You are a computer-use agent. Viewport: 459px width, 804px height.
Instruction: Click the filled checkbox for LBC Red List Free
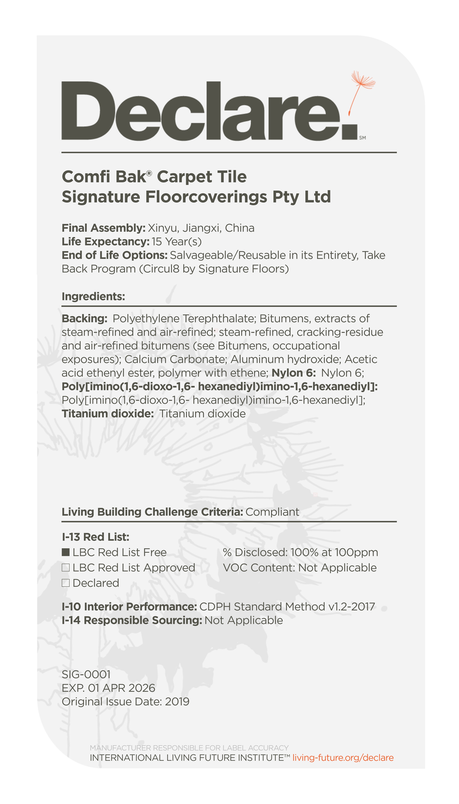pyautogui.click(x=65, y=552)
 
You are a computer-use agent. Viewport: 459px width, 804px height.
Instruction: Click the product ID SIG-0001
pyautogui.click(x=86, y=674)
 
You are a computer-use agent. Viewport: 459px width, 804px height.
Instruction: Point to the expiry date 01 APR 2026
pyautogui.click(x=121, y=688)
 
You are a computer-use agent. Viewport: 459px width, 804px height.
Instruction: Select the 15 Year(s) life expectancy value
pyautogui.click(x=177, y=242)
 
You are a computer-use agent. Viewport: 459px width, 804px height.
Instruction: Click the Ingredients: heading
pyautogui.click(x=93, y=296)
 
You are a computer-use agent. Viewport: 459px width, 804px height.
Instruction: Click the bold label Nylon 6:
pyautogui.click(x=293, y=373)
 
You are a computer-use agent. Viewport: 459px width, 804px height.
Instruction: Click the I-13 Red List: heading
pyautogui.click(x=96, y=537)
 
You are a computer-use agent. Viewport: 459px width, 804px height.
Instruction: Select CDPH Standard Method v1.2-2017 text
pyautogui.click(x=287, y=607)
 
